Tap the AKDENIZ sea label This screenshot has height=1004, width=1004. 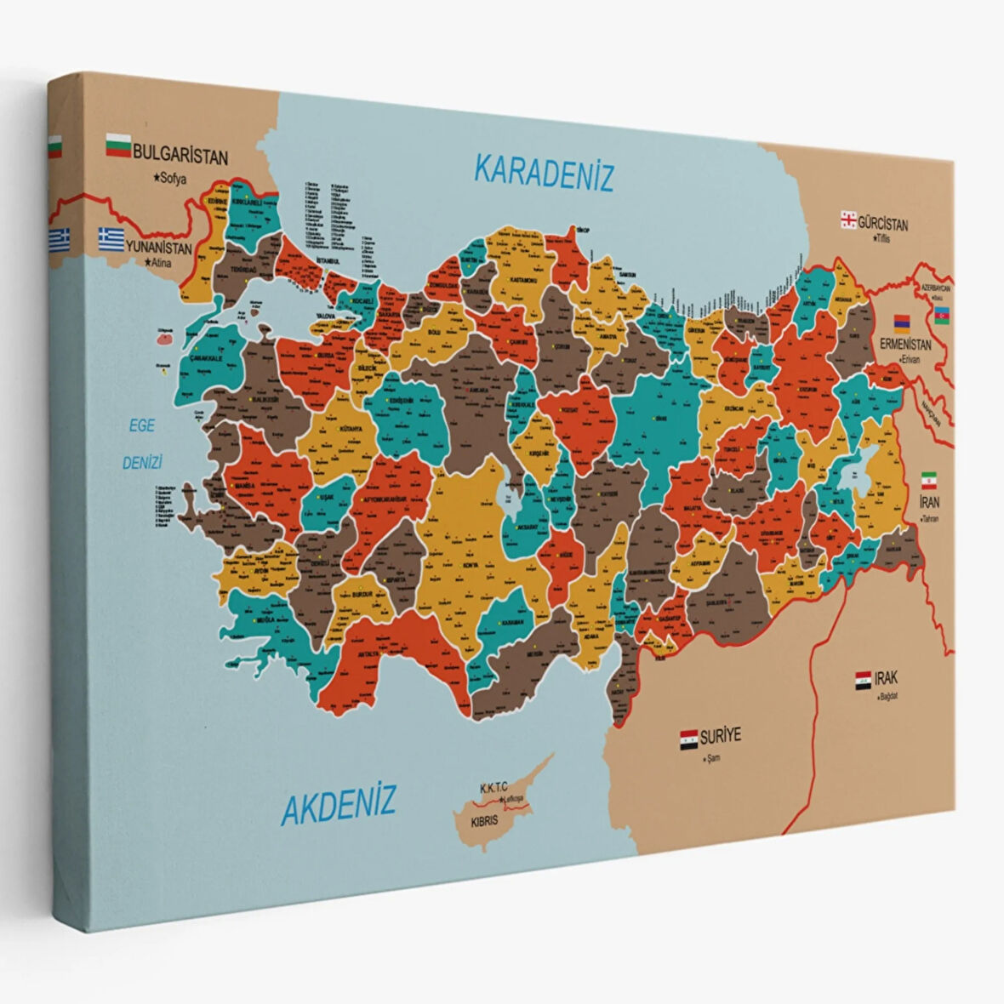(339, 803)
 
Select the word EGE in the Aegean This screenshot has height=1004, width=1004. (142, 426)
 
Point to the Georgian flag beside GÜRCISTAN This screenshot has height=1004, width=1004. (847, 220)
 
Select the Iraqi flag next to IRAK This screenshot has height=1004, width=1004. (863, 680)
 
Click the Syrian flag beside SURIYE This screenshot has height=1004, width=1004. (688, 737)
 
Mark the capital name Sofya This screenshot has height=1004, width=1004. (171, 179)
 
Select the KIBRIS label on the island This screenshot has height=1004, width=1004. (485, 824)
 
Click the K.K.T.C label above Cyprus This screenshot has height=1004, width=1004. (493, 789)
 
